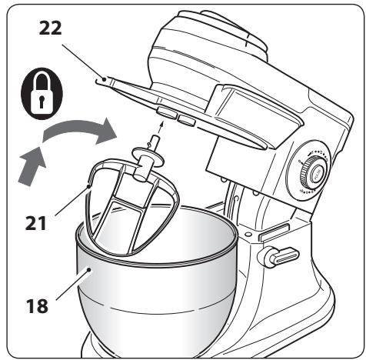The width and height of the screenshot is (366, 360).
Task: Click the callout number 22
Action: click(51, 28)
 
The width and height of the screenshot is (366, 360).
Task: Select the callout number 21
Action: click(35, 223)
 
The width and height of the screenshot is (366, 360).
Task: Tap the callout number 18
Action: click(37, 306)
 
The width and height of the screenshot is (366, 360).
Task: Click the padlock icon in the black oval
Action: click(42, 94)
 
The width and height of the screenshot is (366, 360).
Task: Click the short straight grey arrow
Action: click(32, 166)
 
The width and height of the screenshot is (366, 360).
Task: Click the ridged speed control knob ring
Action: click(313, 173)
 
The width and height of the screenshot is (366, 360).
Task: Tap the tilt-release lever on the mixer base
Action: click(278, 257)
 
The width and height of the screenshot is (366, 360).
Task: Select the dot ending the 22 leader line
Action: click(105, 79)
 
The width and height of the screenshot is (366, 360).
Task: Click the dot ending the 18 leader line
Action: click(88, 269)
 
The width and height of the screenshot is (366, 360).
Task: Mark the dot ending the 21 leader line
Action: click(88, 186)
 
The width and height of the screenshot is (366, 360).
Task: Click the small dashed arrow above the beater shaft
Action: click(160, 129)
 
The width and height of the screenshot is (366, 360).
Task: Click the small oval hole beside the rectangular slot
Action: click(248, 234)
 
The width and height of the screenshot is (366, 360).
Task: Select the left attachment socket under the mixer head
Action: click(167, 113)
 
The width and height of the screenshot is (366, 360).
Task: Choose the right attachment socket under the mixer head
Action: click(187, 120)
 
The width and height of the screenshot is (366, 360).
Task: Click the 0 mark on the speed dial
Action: click(299, 162)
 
